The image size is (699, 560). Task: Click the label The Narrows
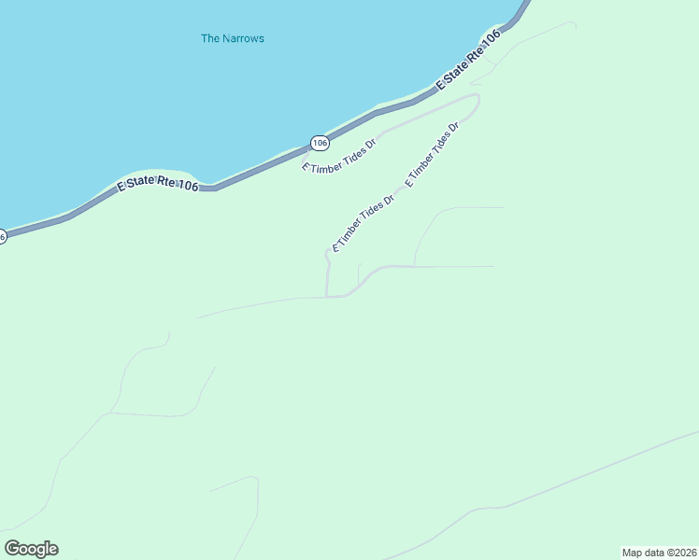pyautogui.click(x=233, y=38)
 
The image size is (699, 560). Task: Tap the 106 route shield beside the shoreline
pyautogui.click(x=320, y=143)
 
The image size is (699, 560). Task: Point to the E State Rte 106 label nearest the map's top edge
pyautogui.click(x=469, y=59)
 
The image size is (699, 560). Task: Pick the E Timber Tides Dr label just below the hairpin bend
pyautogui.click(x=432, y=153)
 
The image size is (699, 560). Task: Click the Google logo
pyautogui.click(x=31, y=549)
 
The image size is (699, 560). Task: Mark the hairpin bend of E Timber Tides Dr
pyautogui.click(x=477, y=99)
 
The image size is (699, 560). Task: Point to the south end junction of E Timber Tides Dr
pyautogui.click(x=326, y=297)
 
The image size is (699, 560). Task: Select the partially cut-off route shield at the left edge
pyautogui.click(x=3, y=237)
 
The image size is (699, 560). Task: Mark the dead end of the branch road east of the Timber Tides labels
pyautogui.click(x=504, y=207)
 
